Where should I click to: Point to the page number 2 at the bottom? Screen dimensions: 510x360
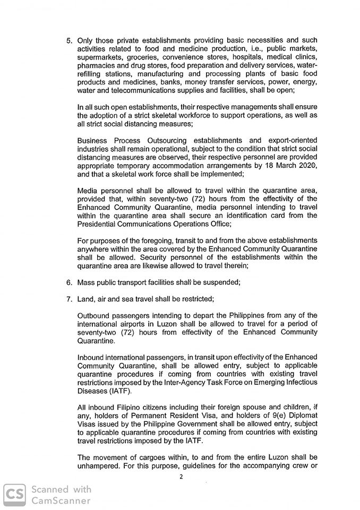(x=181, y=477)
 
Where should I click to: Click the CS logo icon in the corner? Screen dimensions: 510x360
(x=14, y=495)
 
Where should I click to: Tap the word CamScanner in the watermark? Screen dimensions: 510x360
(x=61, y=500)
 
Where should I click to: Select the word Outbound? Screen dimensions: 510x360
(x=94, y=316)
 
